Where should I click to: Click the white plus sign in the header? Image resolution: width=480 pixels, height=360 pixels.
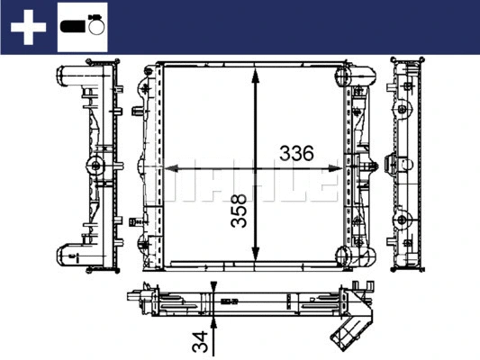(28, 27)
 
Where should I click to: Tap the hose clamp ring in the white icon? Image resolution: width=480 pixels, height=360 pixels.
(95, 27)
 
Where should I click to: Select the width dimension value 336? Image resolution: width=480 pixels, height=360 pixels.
(295, 154)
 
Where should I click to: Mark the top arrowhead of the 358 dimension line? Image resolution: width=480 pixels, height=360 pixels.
(258, 72)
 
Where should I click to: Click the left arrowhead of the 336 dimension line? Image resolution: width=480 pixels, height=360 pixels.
(168, 167)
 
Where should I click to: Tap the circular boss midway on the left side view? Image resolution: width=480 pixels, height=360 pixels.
(94, 165)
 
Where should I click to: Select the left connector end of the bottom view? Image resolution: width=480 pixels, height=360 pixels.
(137, 301)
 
